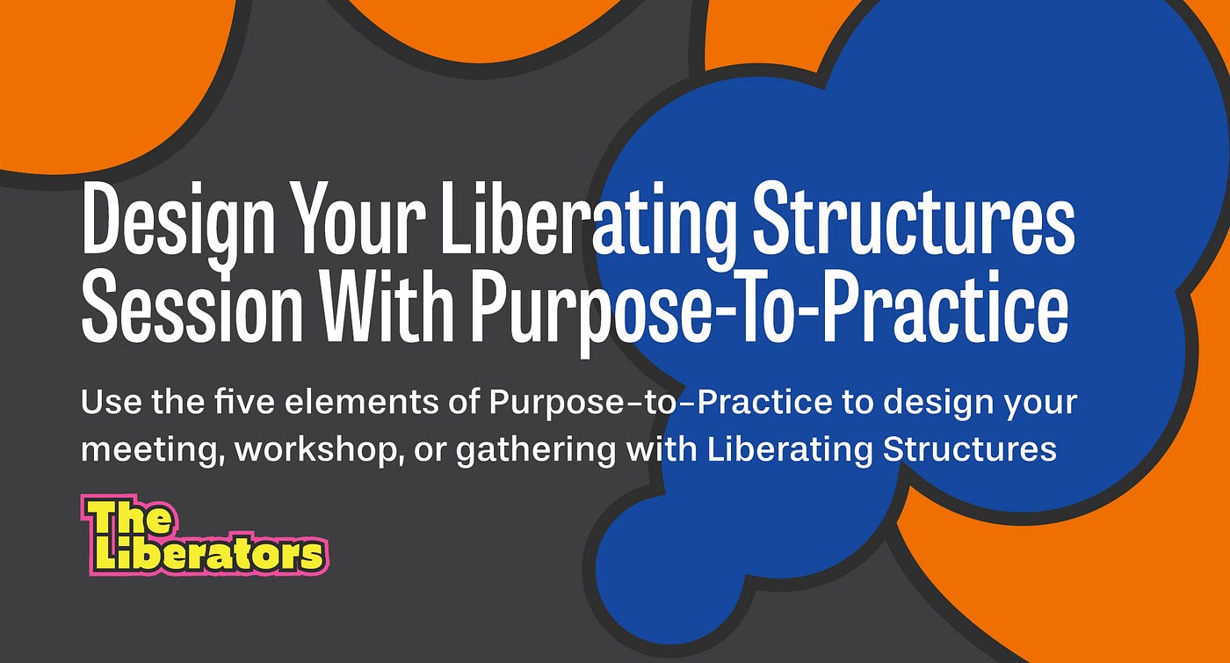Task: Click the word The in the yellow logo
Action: tap(128, 521)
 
